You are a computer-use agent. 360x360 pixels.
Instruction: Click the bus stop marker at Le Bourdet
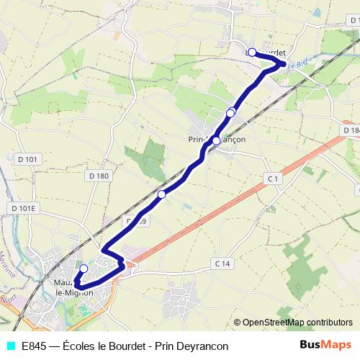252,53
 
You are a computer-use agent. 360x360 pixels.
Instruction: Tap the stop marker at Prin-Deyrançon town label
216,140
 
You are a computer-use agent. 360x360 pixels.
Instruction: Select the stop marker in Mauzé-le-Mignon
84,269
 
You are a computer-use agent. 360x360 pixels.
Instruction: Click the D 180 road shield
99,176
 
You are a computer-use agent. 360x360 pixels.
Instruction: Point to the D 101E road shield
24,208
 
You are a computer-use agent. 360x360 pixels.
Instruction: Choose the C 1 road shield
271,177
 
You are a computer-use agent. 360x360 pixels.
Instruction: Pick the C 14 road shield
222,264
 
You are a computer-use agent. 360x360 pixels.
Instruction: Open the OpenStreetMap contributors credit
297,323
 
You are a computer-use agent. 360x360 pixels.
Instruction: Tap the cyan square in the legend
10,346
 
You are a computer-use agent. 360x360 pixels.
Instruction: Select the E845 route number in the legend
35,346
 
